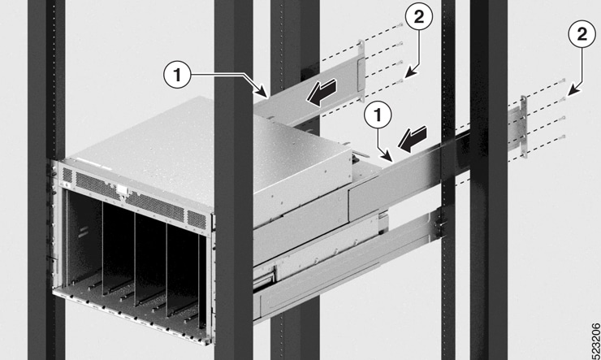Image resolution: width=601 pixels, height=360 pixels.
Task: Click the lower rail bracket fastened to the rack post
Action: [439, 224]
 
